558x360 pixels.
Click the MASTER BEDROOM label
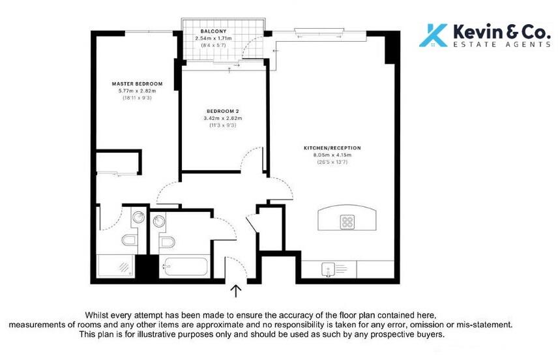tap(137, 84)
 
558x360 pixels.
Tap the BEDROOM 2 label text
tap(223, 112)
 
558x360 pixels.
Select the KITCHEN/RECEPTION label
tap(332, 148)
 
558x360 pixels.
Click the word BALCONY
tap(213, 31)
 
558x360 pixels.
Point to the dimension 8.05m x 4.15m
tap(332, 155)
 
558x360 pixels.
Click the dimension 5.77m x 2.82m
tap(137, 91)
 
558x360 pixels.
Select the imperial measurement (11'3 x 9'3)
tap(223, 125)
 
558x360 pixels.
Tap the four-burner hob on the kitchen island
tap(347, 222)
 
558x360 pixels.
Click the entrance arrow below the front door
tap(236, 291)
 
